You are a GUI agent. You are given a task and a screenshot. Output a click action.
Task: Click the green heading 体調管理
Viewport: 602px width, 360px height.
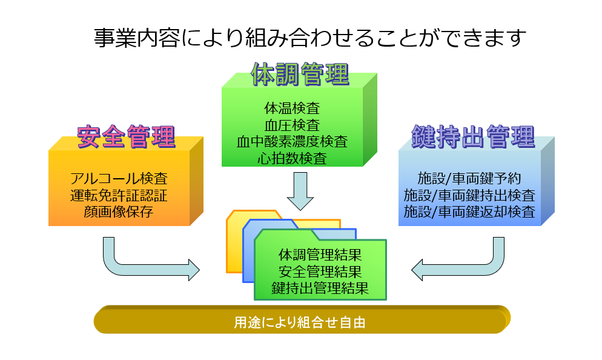pyautogui.click(x=300, y=74)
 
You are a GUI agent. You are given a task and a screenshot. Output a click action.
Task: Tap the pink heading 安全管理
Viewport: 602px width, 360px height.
pyautogui.click(x=127, y=137)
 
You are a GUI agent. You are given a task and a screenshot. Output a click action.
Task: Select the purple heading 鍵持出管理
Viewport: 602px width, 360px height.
pyautogui.click(x=473, y=137)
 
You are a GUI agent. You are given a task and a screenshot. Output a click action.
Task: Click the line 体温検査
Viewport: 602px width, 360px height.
pyautogui.click(x=292, y=108)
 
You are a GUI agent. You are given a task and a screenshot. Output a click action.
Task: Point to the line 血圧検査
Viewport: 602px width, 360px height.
pyautogui.click(x=292, y=125)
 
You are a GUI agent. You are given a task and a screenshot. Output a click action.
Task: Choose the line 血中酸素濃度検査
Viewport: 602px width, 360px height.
pyautogui.click(x=292, y=142)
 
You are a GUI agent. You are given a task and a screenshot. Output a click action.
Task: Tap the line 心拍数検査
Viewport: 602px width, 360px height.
pyautogui.click(x=292, y=158)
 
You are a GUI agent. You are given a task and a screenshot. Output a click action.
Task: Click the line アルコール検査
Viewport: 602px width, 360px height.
pyautogui.click(x=119, y=179)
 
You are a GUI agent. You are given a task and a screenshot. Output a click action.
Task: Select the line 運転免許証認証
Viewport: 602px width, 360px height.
pyautogui.click(x=119, y=196)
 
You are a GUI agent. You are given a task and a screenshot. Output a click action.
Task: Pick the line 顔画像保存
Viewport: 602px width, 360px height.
pyautogui.click(x=119, y=212)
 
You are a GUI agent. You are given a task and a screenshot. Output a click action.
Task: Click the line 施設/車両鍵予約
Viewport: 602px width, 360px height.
pyautogui.click(x=469, y=179)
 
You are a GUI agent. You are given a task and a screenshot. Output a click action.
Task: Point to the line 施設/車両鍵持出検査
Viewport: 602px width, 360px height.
pyautogui.click(x=469, y=196)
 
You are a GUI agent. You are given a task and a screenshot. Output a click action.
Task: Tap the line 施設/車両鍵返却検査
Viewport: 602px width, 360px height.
pyautogui.click(x=469, y=212)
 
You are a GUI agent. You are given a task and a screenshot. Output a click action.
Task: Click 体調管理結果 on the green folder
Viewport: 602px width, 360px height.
pyautogui.click(x=320, y=255)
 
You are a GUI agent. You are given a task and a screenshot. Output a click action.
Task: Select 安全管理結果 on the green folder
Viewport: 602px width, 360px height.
pyautogui.click(x=320, y=272)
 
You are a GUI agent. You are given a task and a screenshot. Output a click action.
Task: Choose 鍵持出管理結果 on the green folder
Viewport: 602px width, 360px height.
pyautogui.click(x=320, y=288)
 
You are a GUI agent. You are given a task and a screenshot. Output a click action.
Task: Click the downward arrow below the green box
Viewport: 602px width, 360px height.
pyautogui.click(x=300, y=191)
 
